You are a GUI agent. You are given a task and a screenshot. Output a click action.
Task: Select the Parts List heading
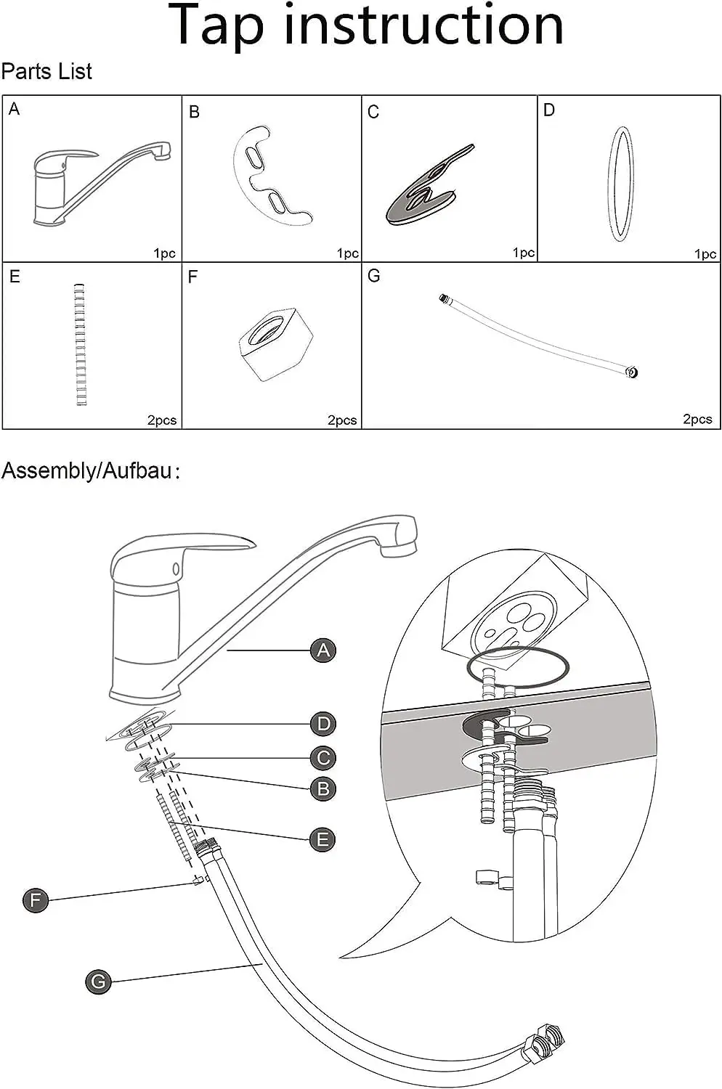coord(46,71)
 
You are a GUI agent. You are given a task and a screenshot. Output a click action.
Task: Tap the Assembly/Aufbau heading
coord(91,470)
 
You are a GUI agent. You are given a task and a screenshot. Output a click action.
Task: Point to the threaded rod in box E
coord(81,345)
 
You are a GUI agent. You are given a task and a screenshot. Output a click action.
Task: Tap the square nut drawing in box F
coord(275,343)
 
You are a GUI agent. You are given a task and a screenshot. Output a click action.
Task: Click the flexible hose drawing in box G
coord(538,336)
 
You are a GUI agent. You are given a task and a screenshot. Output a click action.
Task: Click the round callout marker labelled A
coord(323,650)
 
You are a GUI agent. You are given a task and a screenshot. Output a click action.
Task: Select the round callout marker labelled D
coord(323,724)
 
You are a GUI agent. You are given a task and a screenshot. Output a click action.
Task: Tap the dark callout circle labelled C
coord(323,758)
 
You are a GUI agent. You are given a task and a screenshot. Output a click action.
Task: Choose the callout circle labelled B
coord(323,788)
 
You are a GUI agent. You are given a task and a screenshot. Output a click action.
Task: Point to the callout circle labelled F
coord(36,900)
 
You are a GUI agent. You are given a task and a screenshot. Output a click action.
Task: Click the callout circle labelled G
coord(98,982)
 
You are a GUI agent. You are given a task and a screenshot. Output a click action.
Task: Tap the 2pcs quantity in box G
coord(697,419)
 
